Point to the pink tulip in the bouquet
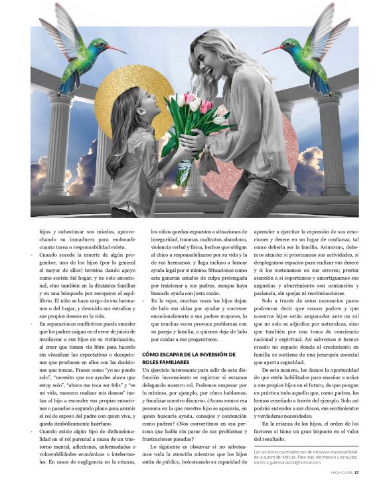[x=206, y=107]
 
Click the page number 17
[x=356, y=473]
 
